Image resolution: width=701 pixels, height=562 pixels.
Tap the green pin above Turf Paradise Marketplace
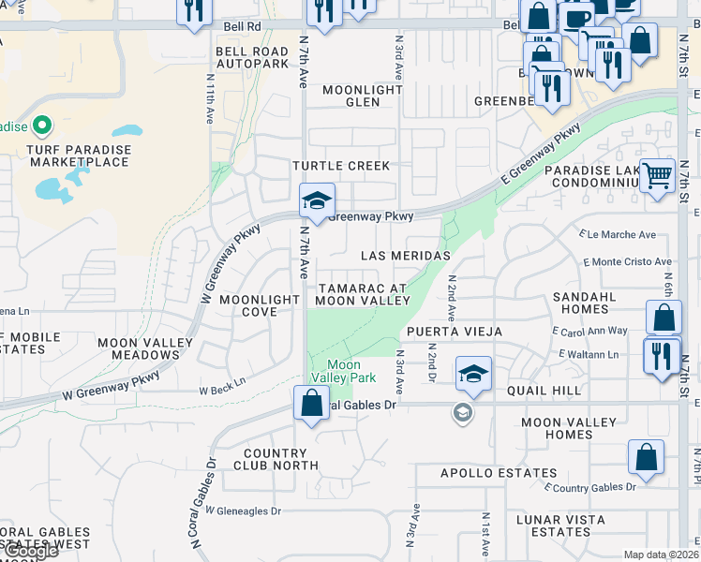[x=41, y=125]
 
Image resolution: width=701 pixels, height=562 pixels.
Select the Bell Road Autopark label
[x=252, y=57]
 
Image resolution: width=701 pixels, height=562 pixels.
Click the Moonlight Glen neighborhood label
[x=362, y=96]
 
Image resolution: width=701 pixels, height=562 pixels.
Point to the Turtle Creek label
[x=340, y=166]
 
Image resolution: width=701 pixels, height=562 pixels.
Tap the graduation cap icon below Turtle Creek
[x=317, y=200]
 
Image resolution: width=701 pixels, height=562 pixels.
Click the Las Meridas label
[x=406, y=256]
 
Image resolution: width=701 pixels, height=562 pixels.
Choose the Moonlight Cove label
[x=260, y=305]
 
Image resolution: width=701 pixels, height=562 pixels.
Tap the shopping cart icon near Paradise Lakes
[x=658, y=174]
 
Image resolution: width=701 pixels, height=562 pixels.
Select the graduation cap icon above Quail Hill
[x=474, y=373]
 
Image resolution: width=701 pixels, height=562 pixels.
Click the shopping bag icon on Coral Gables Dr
[x=310, y=403]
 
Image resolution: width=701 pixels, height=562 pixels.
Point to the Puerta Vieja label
[x=454, y=332]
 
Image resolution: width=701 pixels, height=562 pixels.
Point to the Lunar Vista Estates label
[x=559, y=525]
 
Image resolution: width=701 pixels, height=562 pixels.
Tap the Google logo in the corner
[x=30, y=551]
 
